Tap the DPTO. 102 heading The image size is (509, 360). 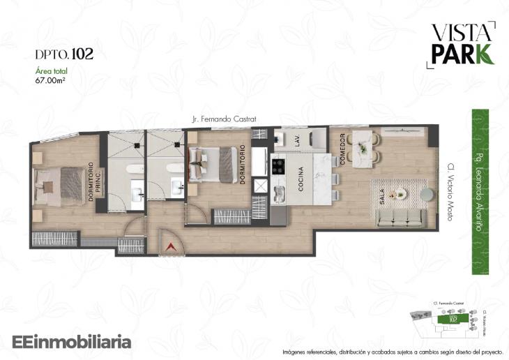tap(64, 53)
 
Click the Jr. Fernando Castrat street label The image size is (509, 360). tap(224, 119)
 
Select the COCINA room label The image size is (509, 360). tap(301, 179)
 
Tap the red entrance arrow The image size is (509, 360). tap(170, 246)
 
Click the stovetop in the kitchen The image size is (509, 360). tap(278, 167)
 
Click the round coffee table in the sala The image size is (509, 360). tap(400, 194)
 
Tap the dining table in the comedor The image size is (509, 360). tap(363, 148)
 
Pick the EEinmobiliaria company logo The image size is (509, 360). tap(72, 342)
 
